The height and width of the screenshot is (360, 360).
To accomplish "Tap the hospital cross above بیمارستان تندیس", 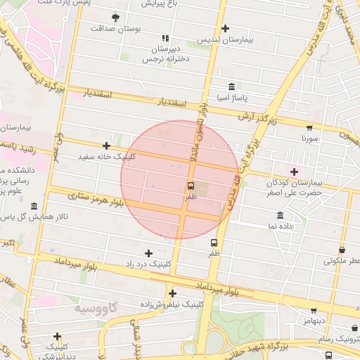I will pyautogui.click(x=225, y=29).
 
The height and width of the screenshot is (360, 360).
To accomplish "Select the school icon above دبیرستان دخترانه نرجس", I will pyautogui.click(x=165, y=39).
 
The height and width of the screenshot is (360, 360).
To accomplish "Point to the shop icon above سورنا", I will pyautogui.click(x=309, y=128).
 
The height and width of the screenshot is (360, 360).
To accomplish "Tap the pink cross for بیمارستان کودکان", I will pyautogui.click(x=294, y=172).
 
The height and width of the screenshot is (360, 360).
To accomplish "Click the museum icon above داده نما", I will pyautogui.click(x=281, y=215).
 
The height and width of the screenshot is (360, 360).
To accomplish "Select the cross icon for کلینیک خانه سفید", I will pyautogui.click(x=106, y=146).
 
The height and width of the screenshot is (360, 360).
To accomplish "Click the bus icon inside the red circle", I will pyautogui.click(x=191, y=186).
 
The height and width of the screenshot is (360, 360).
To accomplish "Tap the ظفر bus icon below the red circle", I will pyautogui.click(x=214, y=243).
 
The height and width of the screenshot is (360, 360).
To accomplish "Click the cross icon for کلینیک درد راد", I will pyautogui.click(x=148, y=253).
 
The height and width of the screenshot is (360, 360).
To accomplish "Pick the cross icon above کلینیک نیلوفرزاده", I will pyautogui.click(x=172, y=294).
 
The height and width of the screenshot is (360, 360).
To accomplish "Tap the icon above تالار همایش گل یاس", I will pyautogui.click(x=34, y=206).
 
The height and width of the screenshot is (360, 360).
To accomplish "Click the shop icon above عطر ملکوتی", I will pyautogui.click(x=342, y=250).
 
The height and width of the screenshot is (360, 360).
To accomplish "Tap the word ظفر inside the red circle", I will pyautogui.click(x=191, y=198).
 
